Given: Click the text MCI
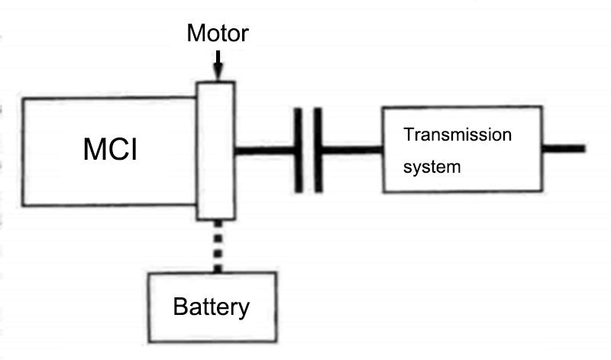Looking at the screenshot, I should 110,150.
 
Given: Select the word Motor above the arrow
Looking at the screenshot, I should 218,34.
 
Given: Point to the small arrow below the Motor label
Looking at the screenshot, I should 218,65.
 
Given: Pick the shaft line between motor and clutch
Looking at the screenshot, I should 263,150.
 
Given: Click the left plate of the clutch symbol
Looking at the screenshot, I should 298,150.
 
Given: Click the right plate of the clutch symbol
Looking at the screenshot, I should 318,150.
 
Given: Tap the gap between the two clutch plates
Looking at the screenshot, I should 308,150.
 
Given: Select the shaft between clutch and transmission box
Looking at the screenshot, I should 350,150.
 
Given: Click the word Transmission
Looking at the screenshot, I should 457,135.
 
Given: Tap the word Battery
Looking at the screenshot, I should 212,307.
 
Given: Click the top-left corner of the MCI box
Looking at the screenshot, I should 23,98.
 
